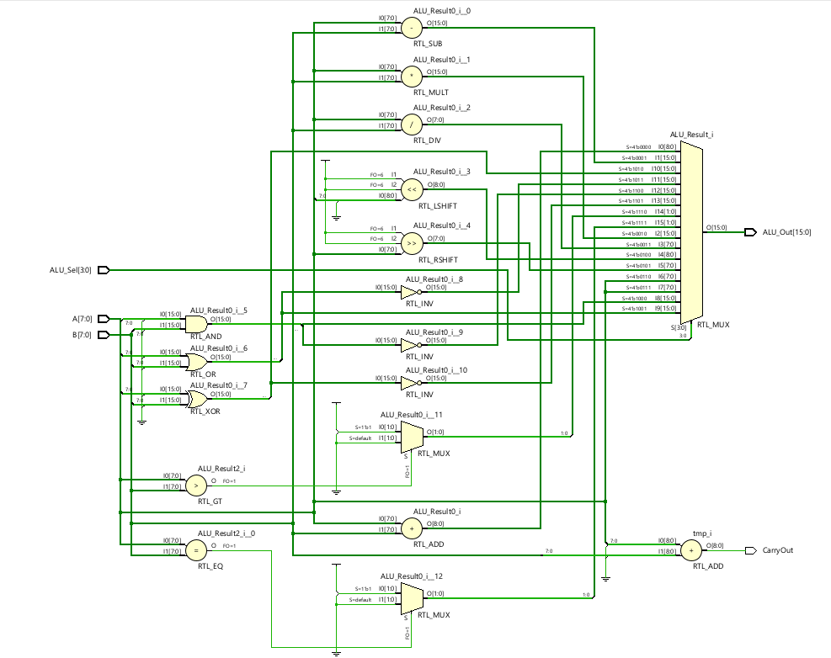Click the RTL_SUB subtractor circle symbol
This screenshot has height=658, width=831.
click(412, 28)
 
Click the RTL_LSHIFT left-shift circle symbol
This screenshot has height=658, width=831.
click(412, 189)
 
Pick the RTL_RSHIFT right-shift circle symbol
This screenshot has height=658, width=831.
click(412, 244)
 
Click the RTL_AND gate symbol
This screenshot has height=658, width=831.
click(196, 324)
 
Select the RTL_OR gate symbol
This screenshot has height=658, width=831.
click(198, 362)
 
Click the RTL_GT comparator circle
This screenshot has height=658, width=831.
click(195, 485)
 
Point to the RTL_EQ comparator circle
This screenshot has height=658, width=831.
click(195, 550)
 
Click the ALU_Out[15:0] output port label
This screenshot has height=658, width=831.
click(786, 231)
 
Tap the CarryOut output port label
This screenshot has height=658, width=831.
click(777, 550)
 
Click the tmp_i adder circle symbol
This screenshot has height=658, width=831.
click(690, 550)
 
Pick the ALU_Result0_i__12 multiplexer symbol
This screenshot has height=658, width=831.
click(411, 598)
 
